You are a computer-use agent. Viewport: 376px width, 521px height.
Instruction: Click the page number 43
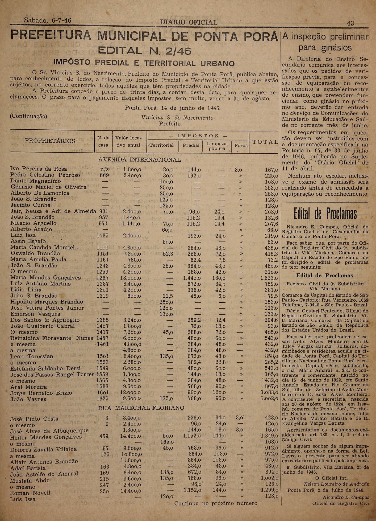point(350,23)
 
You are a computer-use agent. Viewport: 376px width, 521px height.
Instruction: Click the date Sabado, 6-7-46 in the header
point(48,20)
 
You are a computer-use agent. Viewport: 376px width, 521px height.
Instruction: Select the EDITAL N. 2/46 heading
point(145,51)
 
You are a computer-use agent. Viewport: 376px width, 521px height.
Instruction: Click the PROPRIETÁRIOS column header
point(50,141)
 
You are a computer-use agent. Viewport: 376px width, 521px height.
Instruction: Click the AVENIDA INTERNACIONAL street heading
point(140,160)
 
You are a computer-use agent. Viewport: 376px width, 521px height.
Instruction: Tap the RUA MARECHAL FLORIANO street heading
point(141,408)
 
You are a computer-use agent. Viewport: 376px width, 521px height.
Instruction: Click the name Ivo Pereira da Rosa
point(39,169)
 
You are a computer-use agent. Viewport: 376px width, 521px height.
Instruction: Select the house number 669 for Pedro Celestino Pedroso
point(104,175)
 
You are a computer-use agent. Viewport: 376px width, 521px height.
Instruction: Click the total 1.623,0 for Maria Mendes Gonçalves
point(269,278)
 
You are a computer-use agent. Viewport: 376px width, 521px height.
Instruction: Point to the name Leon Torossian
point(32,356)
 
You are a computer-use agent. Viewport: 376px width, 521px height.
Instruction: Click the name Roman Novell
point(30,493)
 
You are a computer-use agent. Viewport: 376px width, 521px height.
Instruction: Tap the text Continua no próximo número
point(216,503)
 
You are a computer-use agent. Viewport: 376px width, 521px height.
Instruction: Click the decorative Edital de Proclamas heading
point(325,214)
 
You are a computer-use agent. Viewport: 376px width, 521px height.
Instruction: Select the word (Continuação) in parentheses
point(28,116)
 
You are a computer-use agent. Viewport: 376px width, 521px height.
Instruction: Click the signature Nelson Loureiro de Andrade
point(336,484)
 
